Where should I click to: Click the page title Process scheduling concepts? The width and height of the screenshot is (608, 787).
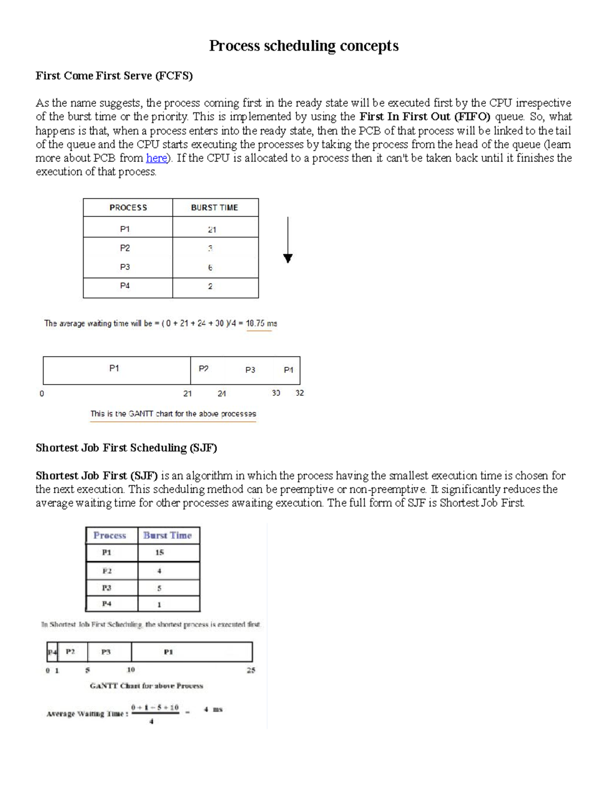(303, 46)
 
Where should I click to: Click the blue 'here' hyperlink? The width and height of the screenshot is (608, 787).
(156, 158)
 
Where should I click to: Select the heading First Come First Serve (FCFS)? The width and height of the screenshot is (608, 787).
(114, 76)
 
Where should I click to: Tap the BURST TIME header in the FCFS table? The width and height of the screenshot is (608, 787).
(214, 208)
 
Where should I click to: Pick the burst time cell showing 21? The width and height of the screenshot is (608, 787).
(212, 230)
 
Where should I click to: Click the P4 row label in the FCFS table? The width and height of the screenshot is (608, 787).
(125, 286)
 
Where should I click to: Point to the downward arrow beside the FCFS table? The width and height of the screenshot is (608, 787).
(288, 241)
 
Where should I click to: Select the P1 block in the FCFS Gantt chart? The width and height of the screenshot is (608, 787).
(115, 369)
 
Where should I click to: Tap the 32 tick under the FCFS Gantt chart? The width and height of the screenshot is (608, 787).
(299, 393)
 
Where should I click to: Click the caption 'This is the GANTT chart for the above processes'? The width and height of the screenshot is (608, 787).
(173, 414)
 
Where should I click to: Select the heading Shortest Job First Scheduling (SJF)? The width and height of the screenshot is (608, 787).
(126, 448)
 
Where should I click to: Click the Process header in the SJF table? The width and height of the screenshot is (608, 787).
(110, 536)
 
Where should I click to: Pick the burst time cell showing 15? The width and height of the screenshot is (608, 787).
(160, 553)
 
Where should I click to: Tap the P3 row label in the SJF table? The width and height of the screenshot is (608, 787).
(106, 588)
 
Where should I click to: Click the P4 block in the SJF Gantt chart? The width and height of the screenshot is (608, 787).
(52, 652)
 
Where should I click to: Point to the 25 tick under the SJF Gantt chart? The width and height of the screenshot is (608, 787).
(251, 670)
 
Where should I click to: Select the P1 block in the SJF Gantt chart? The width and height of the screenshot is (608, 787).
(169, 652)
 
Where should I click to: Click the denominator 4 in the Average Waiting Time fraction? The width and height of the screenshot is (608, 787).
(151, 722)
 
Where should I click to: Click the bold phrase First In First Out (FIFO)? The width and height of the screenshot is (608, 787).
(425, 117)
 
